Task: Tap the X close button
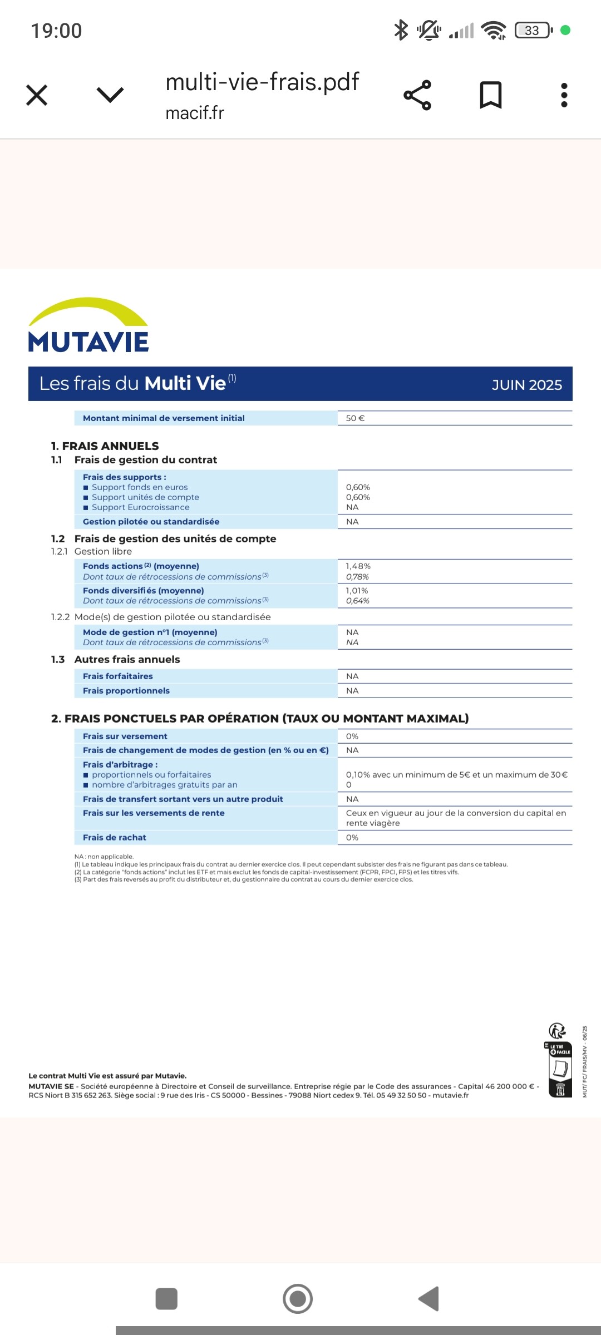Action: (x=37, y=95)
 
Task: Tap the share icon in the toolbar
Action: (x=417, y=95)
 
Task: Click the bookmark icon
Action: (x=490, y=95)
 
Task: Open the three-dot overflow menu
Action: (x=564, y=95)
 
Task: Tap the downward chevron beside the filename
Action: (x=110, y=95)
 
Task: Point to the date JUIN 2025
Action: (x=526, y=385)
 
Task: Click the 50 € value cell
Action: (x=355, y=418)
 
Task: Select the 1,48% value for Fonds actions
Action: (x=358, y=566)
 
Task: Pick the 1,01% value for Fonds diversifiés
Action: (x=357, y=591)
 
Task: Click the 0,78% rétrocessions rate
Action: (x=357, y=577)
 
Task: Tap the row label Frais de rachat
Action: (x=115, y=838)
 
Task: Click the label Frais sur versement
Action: (x=125, y=736)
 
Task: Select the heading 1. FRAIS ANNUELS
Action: (x=105, y=446)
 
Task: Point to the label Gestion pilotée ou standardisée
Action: (x=151, y=522)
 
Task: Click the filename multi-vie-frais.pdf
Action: (x=262, y=82)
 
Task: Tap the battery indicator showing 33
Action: (x=533, y=30)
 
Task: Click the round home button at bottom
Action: (x=298, y=1299)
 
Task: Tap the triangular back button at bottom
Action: (x=429, y=1299)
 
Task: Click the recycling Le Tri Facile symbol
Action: (x=559, y=1062)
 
